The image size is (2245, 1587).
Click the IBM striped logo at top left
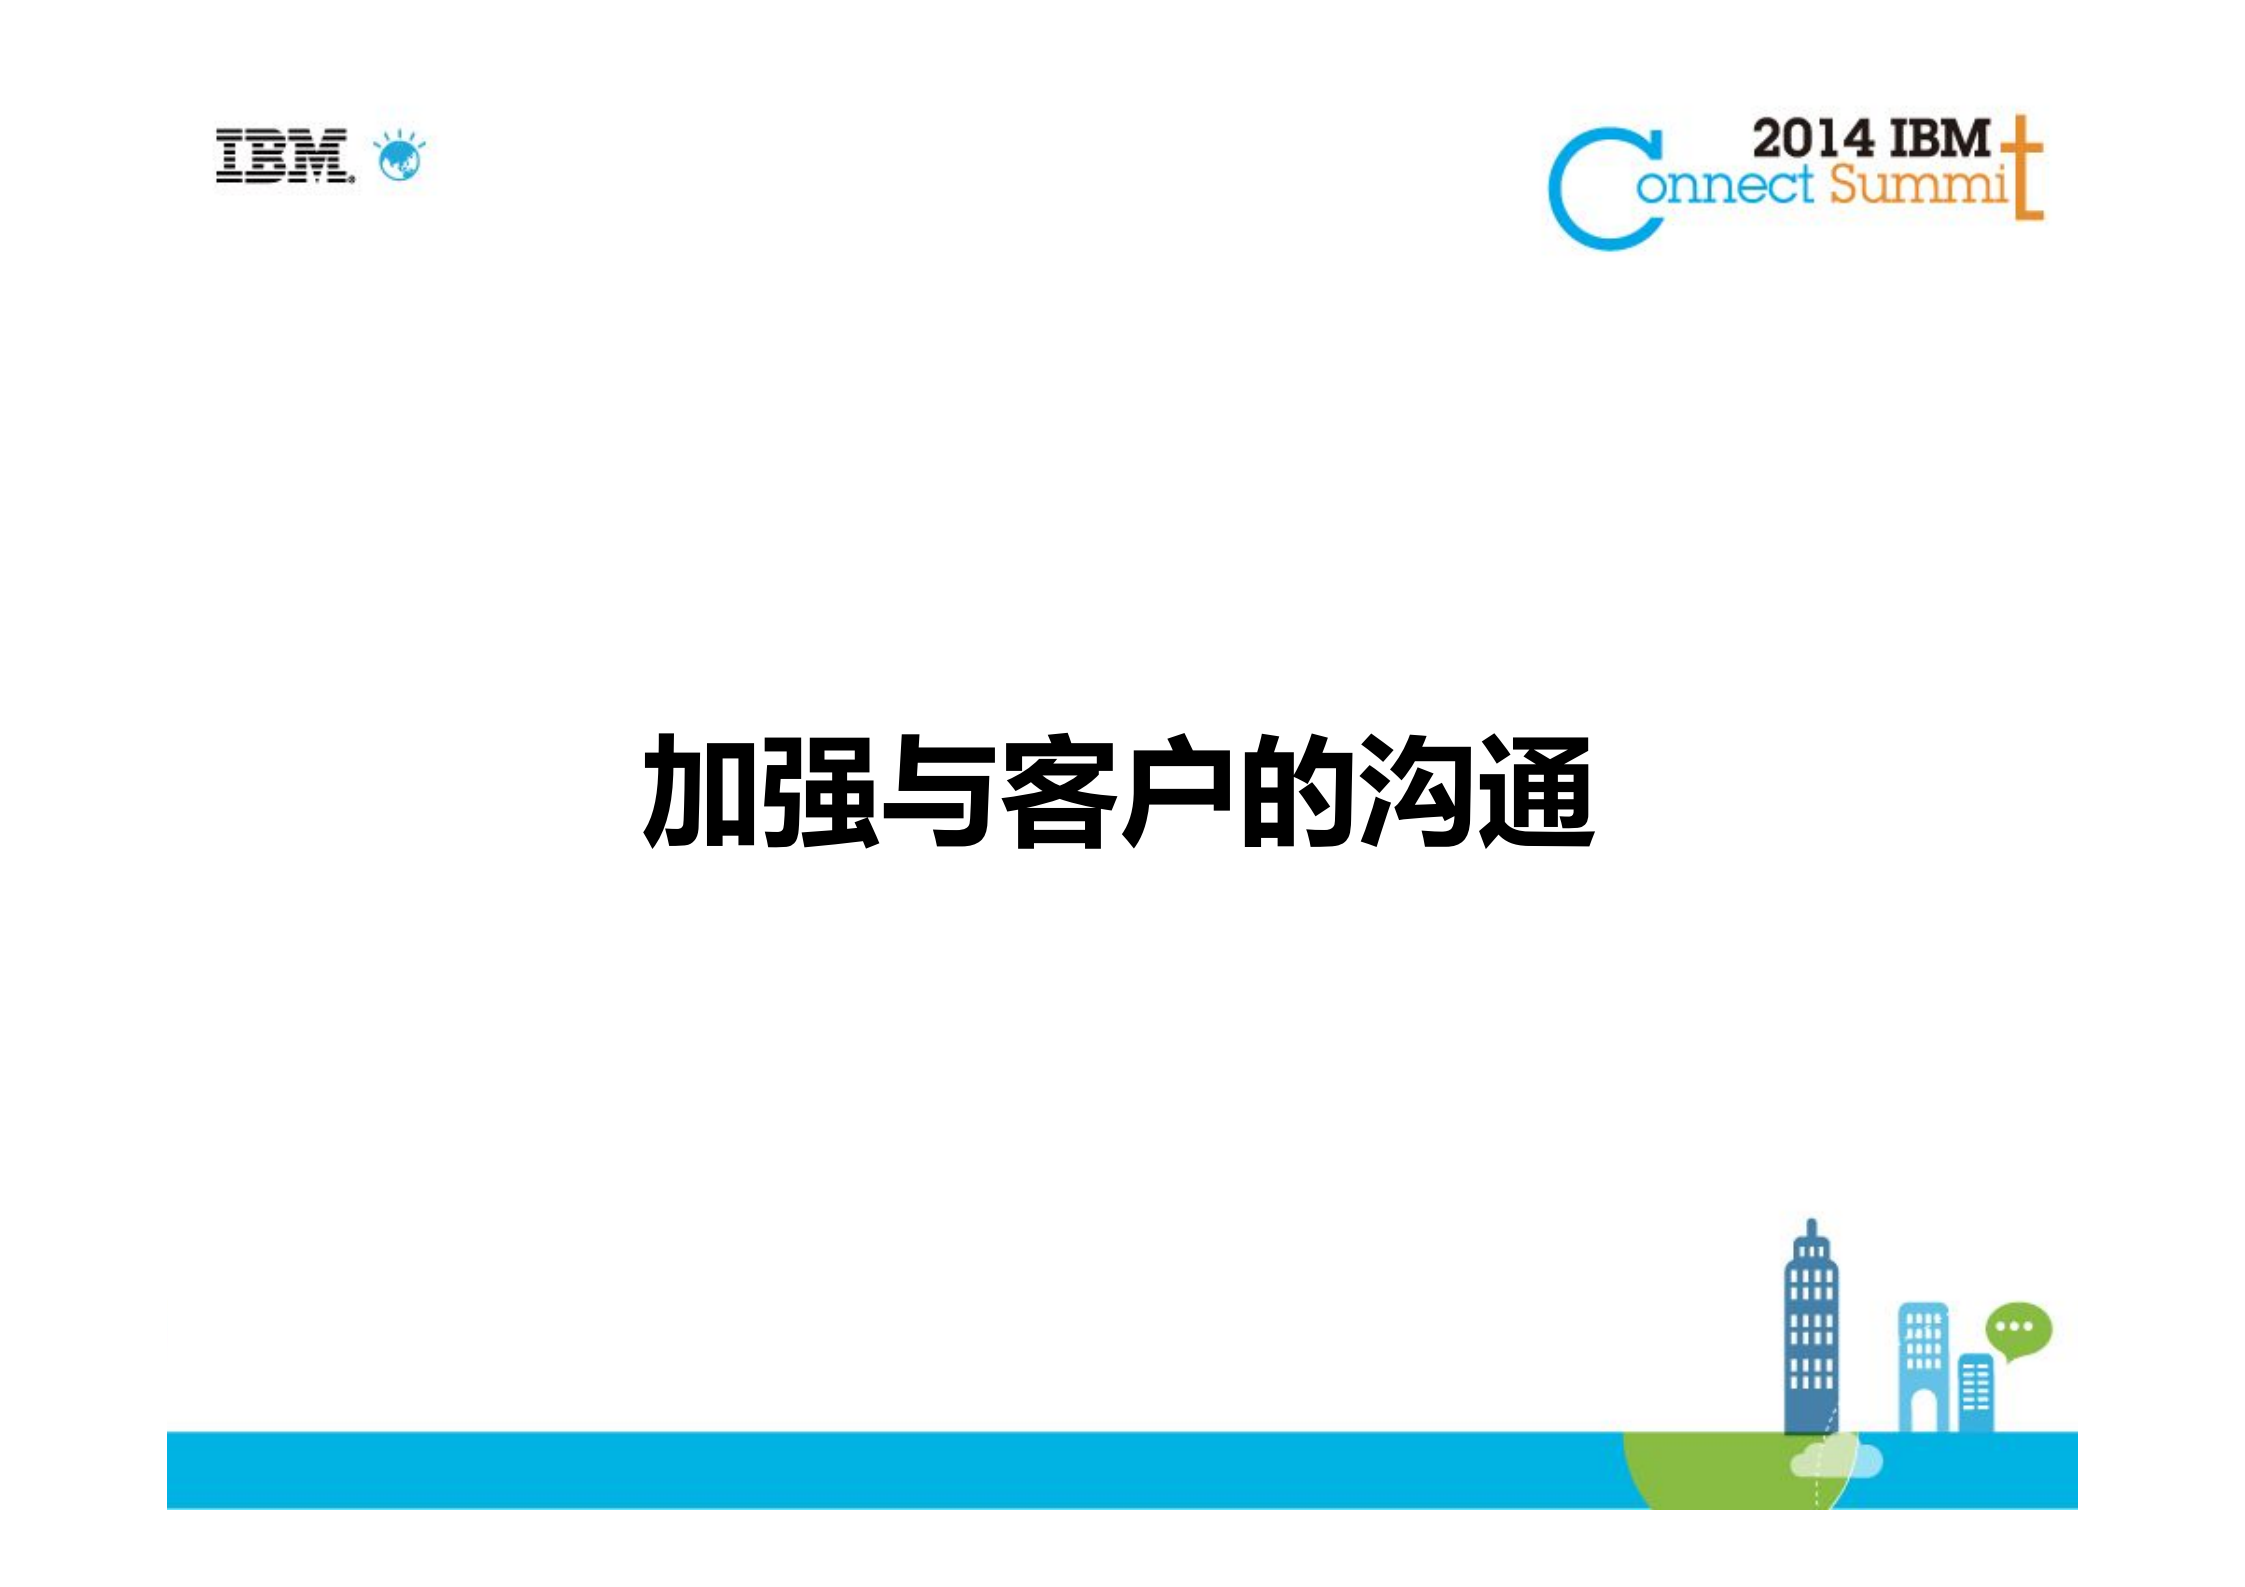[284, 156]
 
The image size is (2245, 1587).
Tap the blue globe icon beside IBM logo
[400, 158]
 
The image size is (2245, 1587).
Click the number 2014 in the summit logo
[1813, 139]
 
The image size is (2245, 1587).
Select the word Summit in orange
[1918, 185]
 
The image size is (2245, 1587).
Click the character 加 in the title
[701, 792]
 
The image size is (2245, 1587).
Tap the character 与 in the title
[938, 792]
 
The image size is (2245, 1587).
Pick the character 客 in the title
[1058, 792]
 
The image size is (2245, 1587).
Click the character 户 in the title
[1177, 792]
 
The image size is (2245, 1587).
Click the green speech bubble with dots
[2017, 1329]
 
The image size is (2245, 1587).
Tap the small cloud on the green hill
[1835, 1461]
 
